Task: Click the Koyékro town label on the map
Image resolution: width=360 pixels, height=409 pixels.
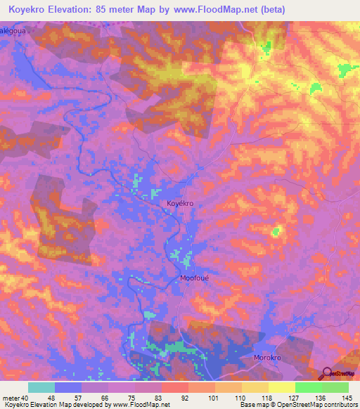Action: [179, 203]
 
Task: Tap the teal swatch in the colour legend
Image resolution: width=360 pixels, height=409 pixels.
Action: [41, 387]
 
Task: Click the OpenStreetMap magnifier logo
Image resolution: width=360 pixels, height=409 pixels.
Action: [326, 374]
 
